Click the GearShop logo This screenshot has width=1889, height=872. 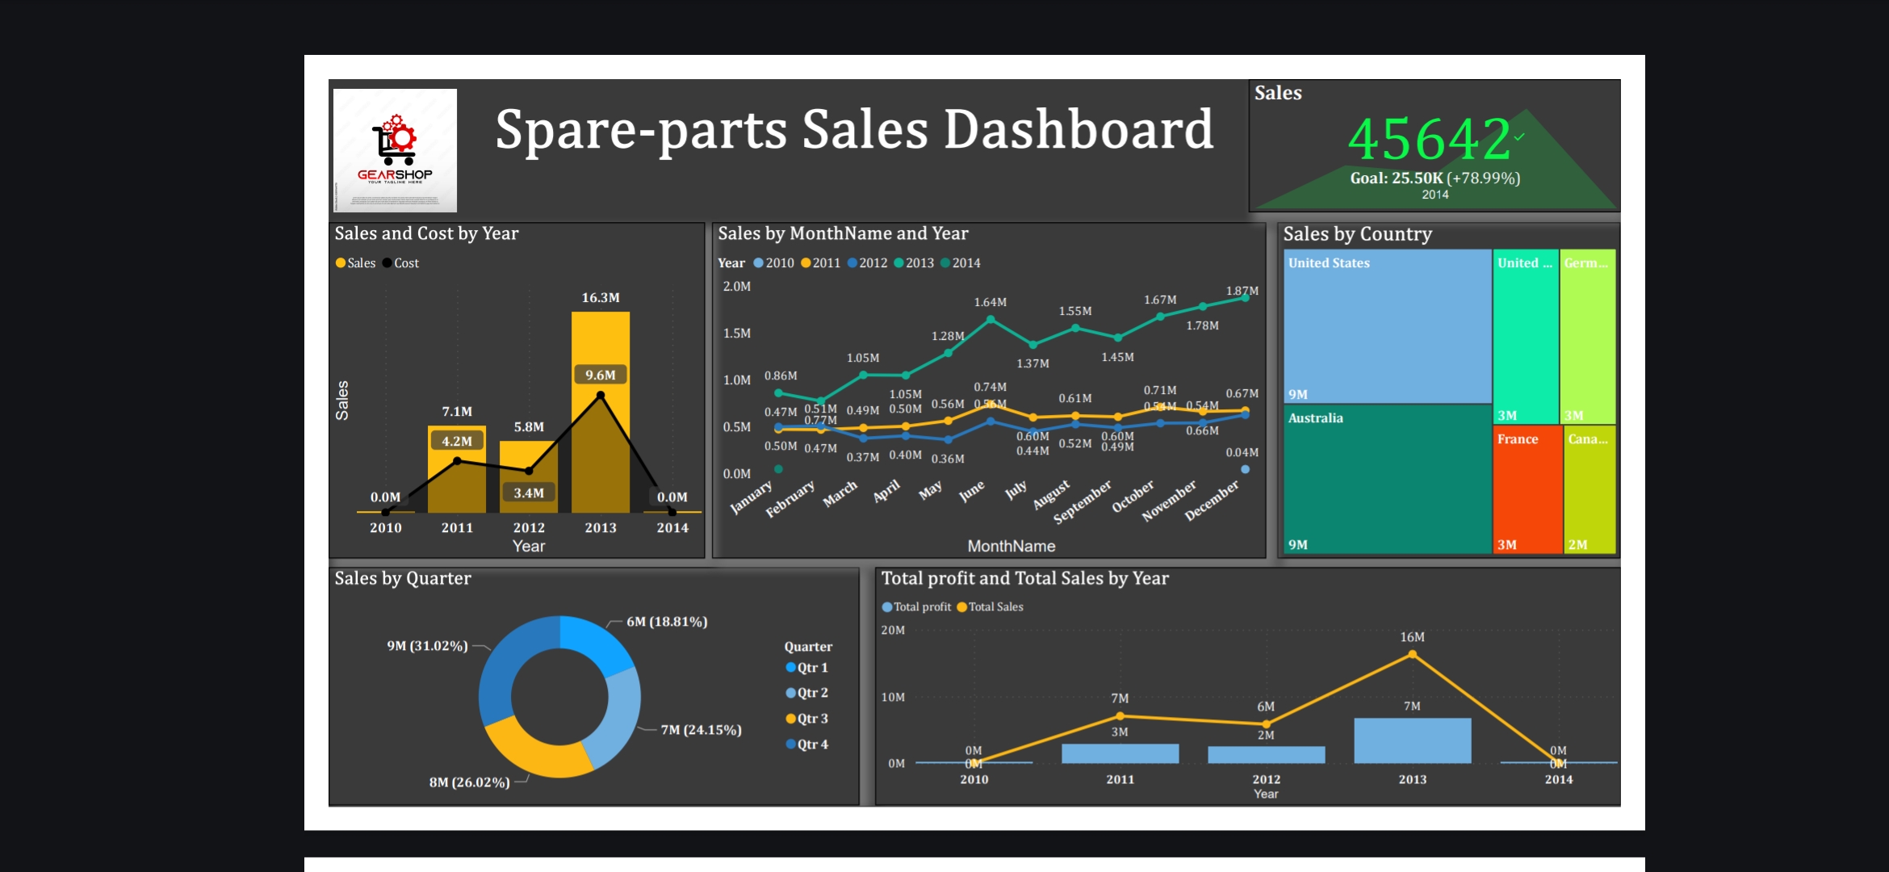(x=395, y=150)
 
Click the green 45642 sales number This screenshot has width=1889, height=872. (x=1429, y=139)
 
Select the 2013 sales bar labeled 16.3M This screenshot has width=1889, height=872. (x=600, y=339)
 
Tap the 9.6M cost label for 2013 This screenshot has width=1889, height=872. (x=601, y=375)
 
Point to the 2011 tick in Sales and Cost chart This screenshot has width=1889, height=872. (x=457, y=528)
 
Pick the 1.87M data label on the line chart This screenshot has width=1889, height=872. (x=1242, y=291)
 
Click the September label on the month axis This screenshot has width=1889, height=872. (x=1082, y=502)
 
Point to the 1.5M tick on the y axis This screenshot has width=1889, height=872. (x=736, y=333)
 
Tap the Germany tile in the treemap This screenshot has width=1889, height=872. (x=1587, y=335)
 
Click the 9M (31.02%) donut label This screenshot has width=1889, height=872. (x=427, y=646)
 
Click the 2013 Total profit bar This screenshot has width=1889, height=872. (x=1412, y=740)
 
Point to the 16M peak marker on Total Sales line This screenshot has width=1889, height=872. (x=1412, y=654)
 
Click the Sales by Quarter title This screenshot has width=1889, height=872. (x=403, y=578)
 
